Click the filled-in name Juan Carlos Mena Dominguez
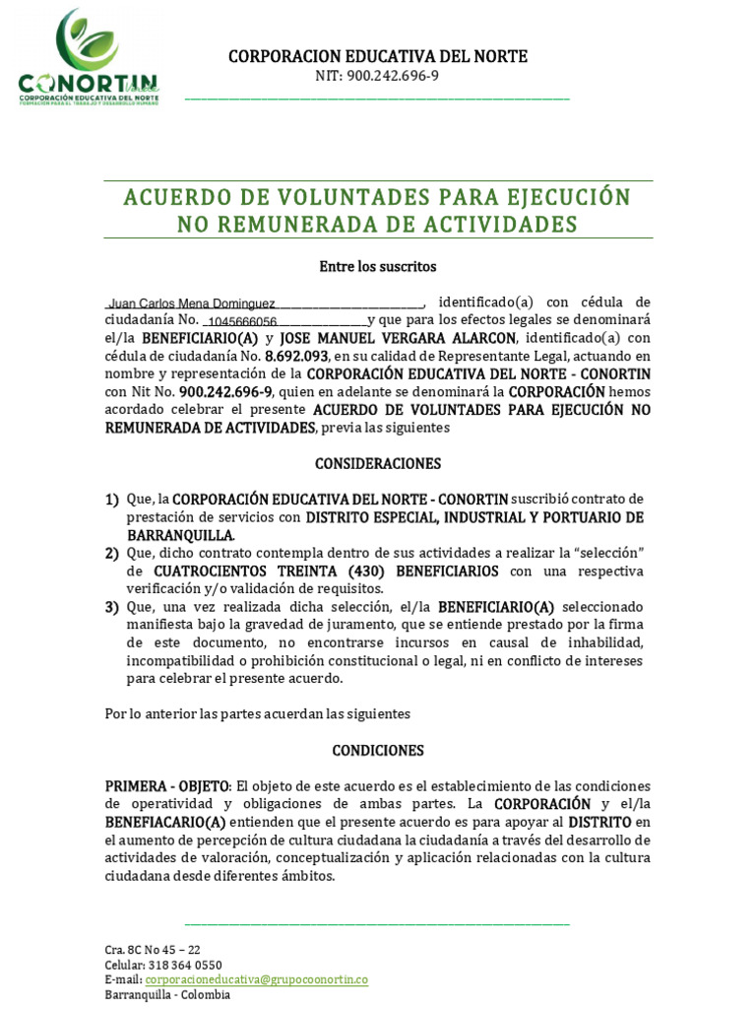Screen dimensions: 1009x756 (192, 304)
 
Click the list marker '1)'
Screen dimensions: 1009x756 (112, 500)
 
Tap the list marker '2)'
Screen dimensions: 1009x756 (112, 554)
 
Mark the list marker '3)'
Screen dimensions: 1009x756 (112, 607)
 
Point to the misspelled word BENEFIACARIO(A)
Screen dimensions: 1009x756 (165, 822)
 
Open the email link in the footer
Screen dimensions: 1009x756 (256, 979)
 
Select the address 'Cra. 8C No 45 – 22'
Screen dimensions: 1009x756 (153, 950)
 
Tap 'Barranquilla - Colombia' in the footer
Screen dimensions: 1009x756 (167, 994)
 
